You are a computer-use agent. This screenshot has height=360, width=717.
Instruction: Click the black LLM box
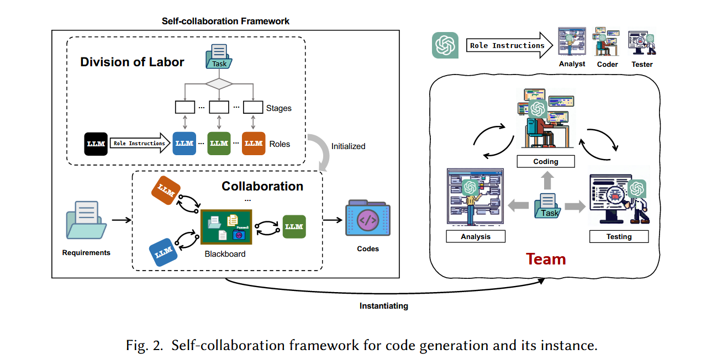96,144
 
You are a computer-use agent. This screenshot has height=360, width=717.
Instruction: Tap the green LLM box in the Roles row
219,144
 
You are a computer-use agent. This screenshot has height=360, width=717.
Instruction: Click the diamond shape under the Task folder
219,84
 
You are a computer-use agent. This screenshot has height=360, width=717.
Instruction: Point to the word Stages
278,108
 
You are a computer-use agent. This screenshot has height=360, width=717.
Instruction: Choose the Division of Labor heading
132,62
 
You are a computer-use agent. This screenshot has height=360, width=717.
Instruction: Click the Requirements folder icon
86,221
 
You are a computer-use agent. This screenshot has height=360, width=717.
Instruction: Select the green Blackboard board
226,227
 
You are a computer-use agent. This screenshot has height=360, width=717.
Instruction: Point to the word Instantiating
383,306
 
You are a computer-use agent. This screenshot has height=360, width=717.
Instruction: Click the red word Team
546,259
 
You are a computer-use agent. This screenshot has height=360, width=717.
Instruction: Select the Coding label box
546,162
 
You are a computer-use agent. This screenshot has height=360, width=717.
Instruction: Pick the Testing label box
619,236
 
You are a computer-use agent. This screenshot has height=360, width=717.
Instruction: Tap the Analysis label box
475,236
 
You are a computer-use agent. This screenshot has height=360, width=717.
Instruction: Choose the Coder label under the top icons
607,64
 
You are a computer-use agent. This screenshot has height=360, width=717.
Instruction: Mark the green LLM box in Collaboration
294,226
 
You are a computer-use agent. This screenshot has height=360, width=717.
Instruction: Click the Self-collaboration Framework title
225,21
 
